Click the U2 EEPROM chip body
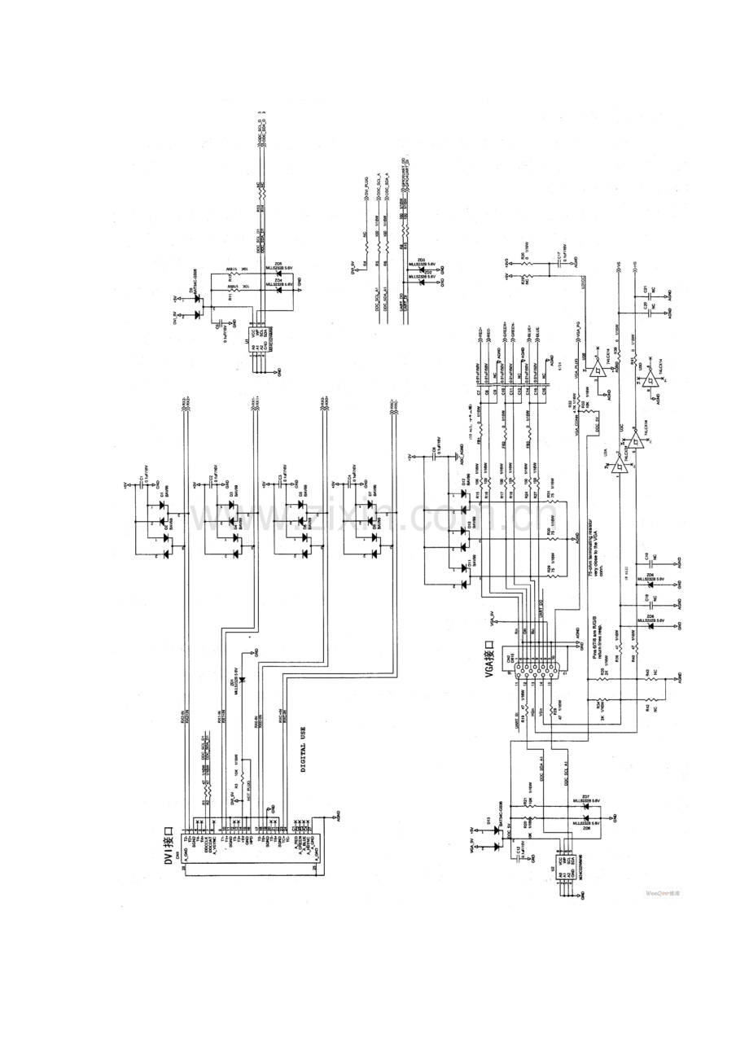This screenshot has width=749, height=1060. tap(563, 865)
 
